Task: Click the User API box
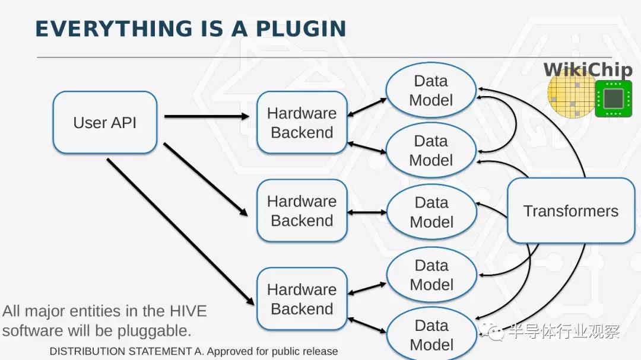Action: click(105, 122)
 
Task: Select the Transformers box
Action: click(571, 211)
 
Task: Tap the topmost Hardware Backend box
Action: click(302, 122)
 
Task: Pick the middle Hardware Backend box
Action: click(302, 211)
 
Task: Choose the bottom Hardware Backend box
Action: click(302, 299)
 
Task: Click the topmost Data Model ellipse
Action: click(431, 90)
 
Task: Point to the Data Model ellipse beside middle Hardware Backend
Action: click(431, 212)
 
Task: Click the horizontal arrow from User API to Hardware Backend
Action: click(207, 116)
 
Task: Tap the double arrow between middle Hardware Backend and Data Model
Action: click(367, 212)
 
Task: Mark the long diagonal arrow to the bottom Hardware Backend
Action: click(180, 232)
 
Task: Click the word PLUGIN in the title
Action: click(301, 29)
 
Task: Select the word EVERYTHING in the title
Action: click(114, 29)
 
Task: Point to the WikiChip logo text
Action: click(588, 70)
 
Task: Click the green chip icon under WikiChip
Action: click(613, 98)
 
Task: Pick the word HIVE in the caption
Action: click(188, 311)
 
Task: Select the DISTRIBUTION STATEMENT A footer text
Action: click(193, 351)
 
